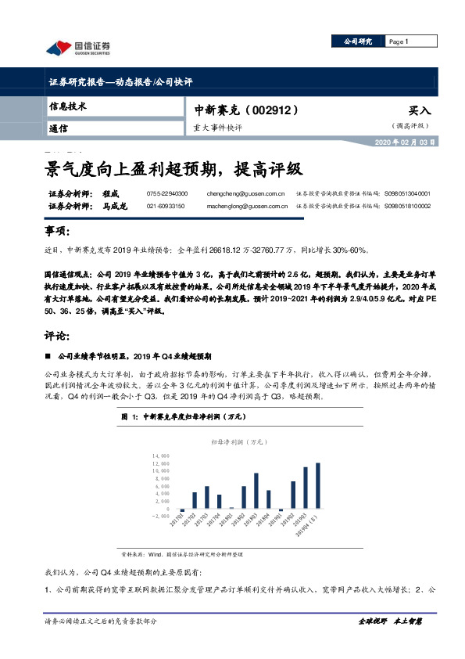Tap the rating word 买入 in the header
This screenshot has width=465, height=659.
point(420,111)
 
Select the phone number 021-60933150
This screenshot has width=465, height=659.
point(166,206)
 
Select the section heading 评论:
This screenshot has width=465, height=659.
point(59,315)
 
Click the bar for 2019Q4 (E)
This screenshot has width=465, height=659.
point(317,485)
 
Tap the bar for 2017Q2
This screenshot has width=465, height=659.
point(195,499)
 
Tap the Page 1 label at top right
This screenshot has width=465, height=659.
point(399,41)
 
